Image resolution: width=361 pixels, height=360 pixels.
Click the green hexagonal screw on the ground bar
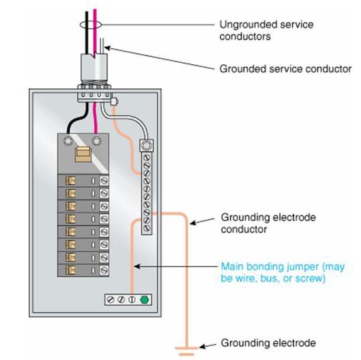pyautogui.click(x=144, y=300)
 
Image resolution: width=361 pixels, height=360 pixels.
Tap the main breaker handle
pyautogui.click(x=83, y=154)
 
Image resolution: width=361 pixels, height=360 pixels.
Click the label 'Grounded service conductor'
pyautogui.click(x=285, y=69)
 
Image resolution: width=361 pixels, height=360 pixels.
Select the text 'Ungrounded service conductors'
pyautogui.click(x=266, y=30)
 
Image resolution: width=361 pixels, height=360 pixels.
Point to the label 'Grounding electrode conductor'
pyautogui.click(x=268, y=223)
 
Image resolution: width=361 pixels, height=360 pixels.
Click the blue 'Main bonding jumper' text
pyautogui.click(x=283, y=273)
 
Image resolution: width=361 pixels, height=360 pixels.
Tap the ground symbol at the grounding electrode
pyautogui.click(x=187, y=351)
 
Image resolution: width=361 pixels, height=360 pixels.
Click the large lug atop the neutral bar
pyautogui.click(x=146, y=146)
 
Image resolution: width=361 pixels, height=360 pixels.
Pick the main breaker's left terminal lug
pyautogui.click(x=68, y=141)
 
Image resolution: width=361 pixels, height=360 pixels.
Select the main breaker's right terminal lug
pyautogui.click(x=96, y=141)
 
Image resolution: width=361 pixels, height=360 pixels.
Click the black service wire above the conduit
pyautogui.click(x=86, y=32)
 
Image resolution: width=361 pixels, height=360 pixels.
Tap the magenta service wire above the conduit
pyautogui.click(x=95, y=32)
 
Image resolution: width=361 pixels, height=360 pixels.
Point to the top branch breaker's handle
pyautogui.click(x=70, y=181)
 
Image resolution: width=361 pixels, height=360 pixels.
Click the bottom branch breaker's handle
pyautogui.click(x=70, y=270)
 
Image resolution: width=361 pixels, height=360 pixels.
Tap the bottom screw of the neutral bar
pyautogui.click(x=146, y=228)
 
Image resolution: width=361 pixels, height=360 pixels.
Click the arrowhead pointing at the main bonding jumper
pyautogui.click(x=137, y=266)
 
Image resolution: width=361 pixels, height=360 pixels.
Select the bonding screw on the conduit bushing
pyautogui.click(x=114, y=102)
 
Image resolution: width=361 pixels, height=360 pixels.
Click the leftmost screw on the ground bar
pyautogui.click(x=111, y=300)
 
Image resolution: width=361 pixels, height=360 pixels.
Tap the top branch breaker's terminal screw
pyautogui.click(x=104, y=181)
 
